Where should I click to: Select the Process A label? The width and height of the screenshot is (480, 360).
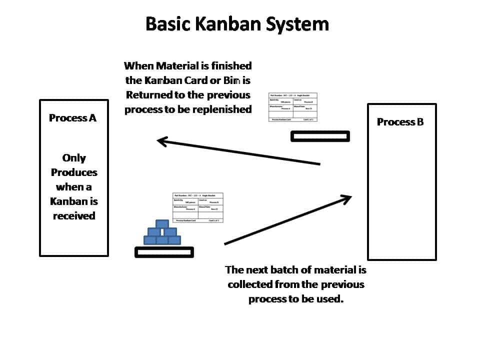(x=72, y=118)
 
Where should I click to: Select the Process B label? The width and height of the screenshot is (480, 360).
(x=400, y=122)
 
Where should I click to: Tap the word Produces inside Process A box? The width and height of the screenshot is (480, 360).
(x=74, y=172)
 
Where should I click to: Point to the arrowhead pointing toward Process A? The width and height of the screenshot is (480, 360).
(x=163, y=141)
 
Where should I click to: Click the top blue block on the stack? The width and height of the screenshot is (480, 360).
(x=162, y=224)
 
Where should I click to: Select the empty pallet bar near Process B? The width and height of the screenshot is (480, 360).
(x=320, y=136)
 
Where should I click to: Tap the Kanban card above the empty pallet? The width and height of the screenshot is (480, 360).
(x=293, y=107)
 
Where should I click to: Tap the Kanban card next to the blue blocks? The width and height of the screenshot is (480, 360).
(x=197, y=207)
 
